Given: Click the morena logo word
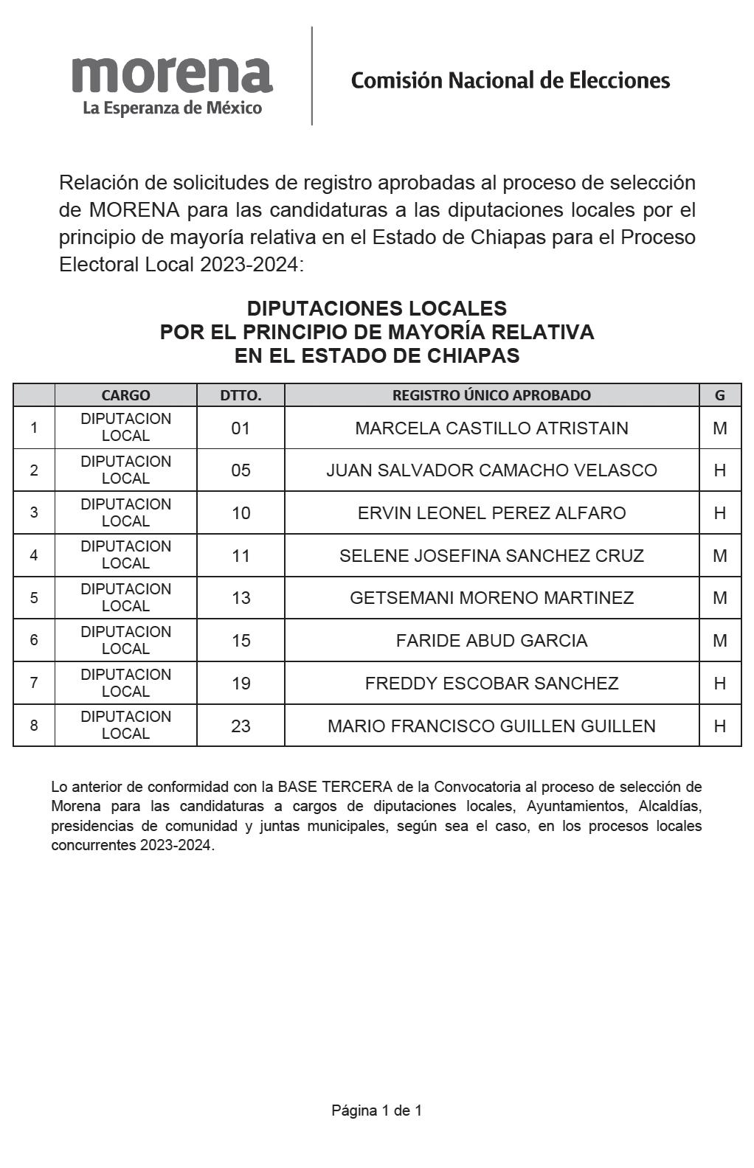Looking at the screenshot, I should click(x=172, y=75).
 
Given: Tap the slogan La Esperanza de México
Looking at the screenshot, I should click(x=172, y=108).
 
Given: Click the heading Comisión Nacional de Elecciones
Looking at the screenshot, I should click(x=510, y=80).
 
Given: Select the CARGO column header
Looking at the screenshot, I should click(x=125, y=395).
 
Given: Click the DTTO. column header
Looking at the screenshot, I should click(x=241, y=395).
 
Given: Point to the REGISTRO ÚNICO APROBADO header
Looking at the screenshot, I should click(x=491, y=395).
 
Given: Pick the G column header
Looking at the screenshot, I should click(x=719, y=395).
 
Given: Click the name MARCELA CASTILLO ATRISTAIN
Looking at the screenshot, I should click(x=491, y=428).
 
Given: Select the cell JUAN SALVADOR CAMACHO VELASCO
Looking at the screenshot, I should click(x=491, y=470).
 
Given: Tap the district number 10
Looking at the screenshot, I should click(x=241, y=513).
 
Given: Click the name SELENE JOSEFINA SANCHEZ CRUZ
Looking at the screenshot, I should click(x=491, y=556).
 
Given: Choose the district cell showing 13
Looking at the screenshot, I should click(x=241, y=598).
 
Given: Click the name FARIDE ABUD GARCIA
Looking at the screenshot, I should click(x=491, y=641).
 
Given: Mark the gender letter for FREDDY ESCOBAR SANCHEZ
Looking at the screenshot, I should click(x=719, y=684).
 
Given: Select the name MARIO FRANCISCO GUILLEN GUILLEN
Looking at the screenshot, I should click(x=491, y=726).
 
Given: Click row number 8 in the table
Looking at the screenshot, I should click(x=34, y=726).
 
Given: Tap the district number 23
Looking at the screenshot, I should click(x=241, y=726).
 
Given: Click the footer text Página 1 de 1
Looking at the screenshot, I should click(x=376, y=1110).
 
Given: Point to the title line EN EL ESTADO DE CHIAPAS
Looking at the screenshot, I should click(x=376, y=356).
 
